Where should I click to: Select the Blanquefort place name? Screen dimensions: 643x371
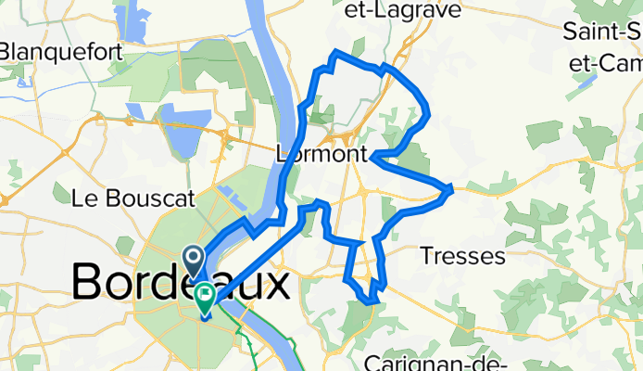[x=61, y=52]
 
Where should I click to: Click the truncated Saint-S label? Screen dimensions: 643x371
[x=602, y=31]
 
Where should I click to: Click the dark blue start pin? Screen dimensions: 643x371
[x=195, y=259]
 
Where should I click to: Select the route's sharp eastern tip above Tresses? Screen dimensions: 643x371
[x=451, y=189]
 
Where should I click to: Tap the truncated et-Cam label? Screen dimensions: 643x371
[x=611, y=63]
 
